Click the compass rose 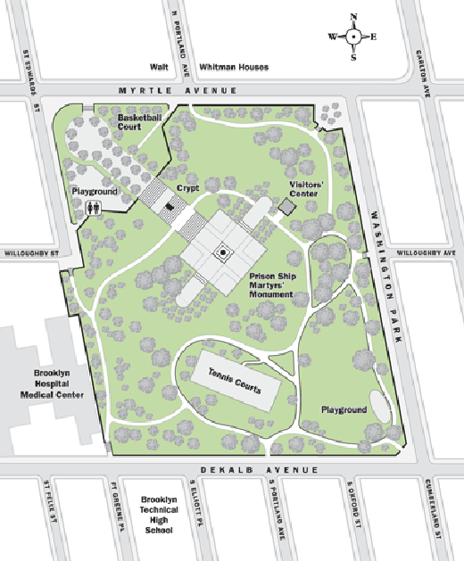353,37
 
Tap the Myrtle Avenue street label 178,91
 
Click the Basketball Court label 142,122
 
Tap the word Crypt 187,188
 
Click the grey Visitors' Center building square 286,207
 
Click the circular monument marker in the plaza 221,254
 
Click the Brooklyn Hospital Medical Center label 59,384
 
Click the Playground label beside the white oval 343,409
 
